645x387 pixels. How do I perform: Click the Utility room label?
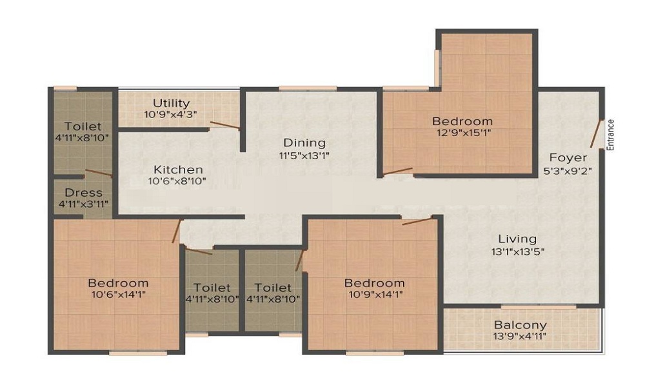point(171,103)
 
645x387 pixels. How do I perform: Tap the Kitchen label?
point(178,170)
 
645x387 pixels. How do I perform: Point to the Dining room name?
point(304,143)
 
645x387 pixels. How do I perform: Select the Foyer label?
point(568,157)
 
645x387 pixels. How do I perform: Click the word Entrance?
point(610,135)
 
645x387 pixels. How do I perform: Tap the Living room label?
point(517,239)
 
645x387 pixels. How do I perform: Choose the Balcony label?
point(521,325)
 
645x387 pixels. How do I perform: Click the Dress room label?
point(83,192)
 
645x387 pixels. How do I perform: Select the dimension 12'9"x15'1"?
point(464,133)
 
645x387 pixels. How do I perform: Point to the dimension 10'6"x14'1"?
point(119,295)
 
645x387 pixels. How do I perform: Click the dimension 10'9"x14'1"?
point(375,295)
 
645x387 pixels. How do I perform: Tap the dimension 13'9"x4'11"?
point(520,337)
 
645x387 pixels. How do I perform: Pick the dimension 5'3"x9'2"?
point(568,171)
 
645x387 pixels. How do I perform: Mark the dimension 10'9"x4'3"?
point(170,114)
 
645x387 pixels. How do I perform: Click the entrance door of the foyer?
point(596,134)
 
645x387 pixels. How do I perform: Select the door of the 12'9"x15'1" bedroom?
point(397,172)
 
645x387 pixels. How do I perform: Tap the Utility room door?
point(224,125)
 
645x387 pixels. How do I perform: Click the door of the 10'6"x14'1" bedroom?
point(177,231)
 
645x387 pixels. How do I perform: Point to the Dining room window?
point(308,88)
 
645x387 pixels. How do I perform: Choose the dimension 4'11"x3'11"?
point(83,204)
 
